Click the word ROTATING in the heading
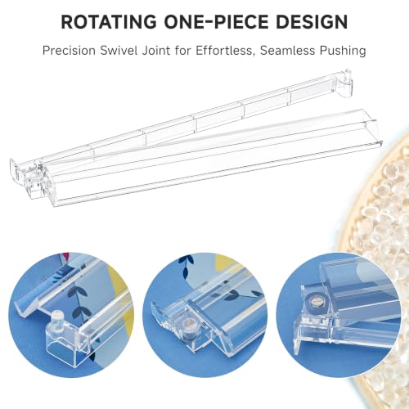(109, 21)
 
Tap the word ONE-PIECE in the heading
(216, 21)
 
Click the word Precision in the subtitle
(69, 51)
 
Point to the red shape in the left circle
(65, 257)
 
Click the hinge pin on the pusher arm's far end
(348, 77)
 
